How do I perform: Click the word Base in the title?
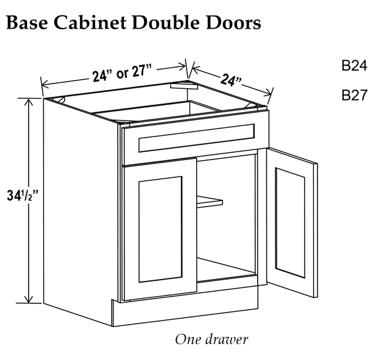pyautogui.click(x=27, y=23)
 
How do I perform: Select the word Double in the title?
pyautogui.click(x=166, y=23)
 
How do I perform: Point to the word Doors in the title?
pyautogui.click(x=233, y=23)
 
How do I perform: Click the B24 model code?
pyautogui.click(x=354, y=66)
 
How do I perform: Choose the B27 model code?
pyautogui.click(x=354, y=95)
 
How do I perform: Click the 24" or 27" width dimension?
pyautogui.click(x=122, y=73)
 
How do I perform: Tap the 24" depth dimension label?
pyautogui.click(x=231, y=80)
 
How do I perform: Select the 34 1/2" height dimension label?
pyautogui.click(x=23, y=196)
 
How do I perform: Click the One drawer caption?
pyautogui.click(x=211, y=339)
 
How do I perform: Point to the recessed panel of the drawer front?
pyautogui.click(x=196, y=138)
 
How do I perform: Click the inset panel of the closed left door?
pyautogui.click(x=160, y=229)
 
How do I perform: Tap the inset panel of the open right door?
pyautogui.click(x=290, y=222)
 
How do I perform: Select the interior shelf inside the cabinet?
pyautogui.click(x=210, y=201)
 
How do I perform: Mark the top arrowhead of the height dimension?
pyautogui.click(x=30, y=102)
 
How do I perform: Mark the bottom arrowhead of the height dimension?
pyautogui.click(x=30, y=299)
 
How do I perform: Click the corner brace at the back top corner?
pyautogui.click(x=184, y=85)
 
